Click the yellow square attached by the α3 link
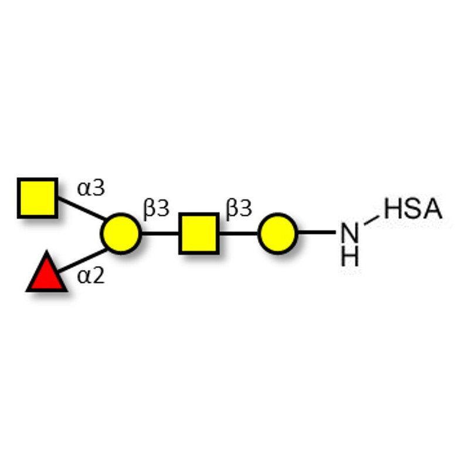[38, 198]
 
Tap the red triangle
[46, 274]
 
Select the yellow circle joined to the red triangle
[121, 234]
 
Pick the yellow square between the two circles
[199, 234]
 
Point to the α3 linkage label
[91, 189]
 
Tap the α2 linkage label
[91, 275]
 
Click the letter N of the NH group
[349, 234]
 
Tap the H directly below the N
[349, 256]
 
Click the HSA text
[413, 209]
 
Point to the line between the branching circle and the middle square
[159, 234]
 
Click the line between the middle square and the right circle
[238, 234]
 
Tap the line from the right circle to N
[317, 233]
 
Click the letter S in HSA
[413, 209]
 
